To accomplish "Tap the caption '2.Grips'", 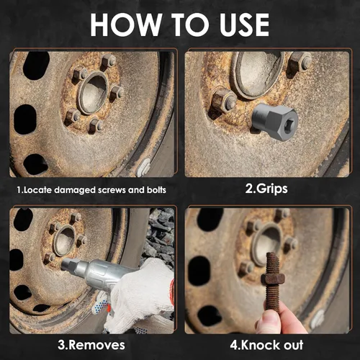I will coord(266,190).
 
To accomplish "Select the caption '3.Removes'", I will coord(87,346).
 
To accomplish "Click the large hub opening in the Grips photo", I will coord(255,72).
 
